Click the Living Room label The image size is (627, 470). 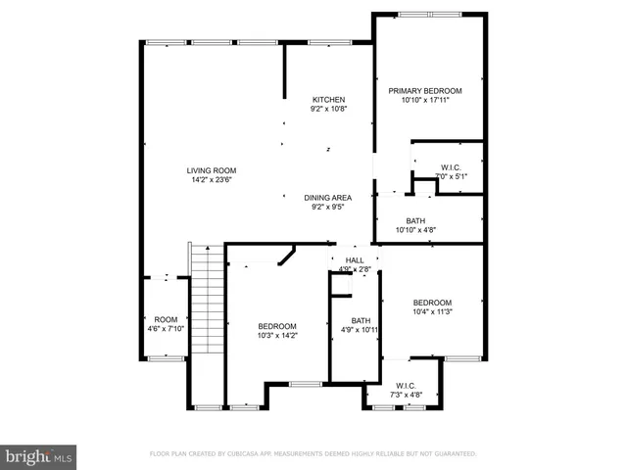pos(212,170)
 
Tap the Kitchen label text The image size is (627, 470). pos(328,100)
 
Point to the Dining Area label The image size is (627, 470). pos(328,197)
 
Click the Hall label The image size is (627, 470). pos(354,259)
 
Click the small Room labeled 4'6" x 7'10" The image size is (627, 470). pos(165,319)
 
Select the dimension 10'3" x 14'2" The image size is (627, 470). pos(277,336)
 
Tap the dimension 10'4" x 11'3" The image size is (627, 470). pos(431,311)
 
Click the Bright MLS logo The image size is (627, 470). pos(39,455)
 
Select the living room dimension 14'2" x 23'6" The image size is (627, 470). pos(212,180)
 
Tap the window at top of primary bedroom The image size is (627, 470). pos(429,14)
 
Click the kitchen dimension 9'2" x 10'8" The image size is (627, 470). pos(328,110)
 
